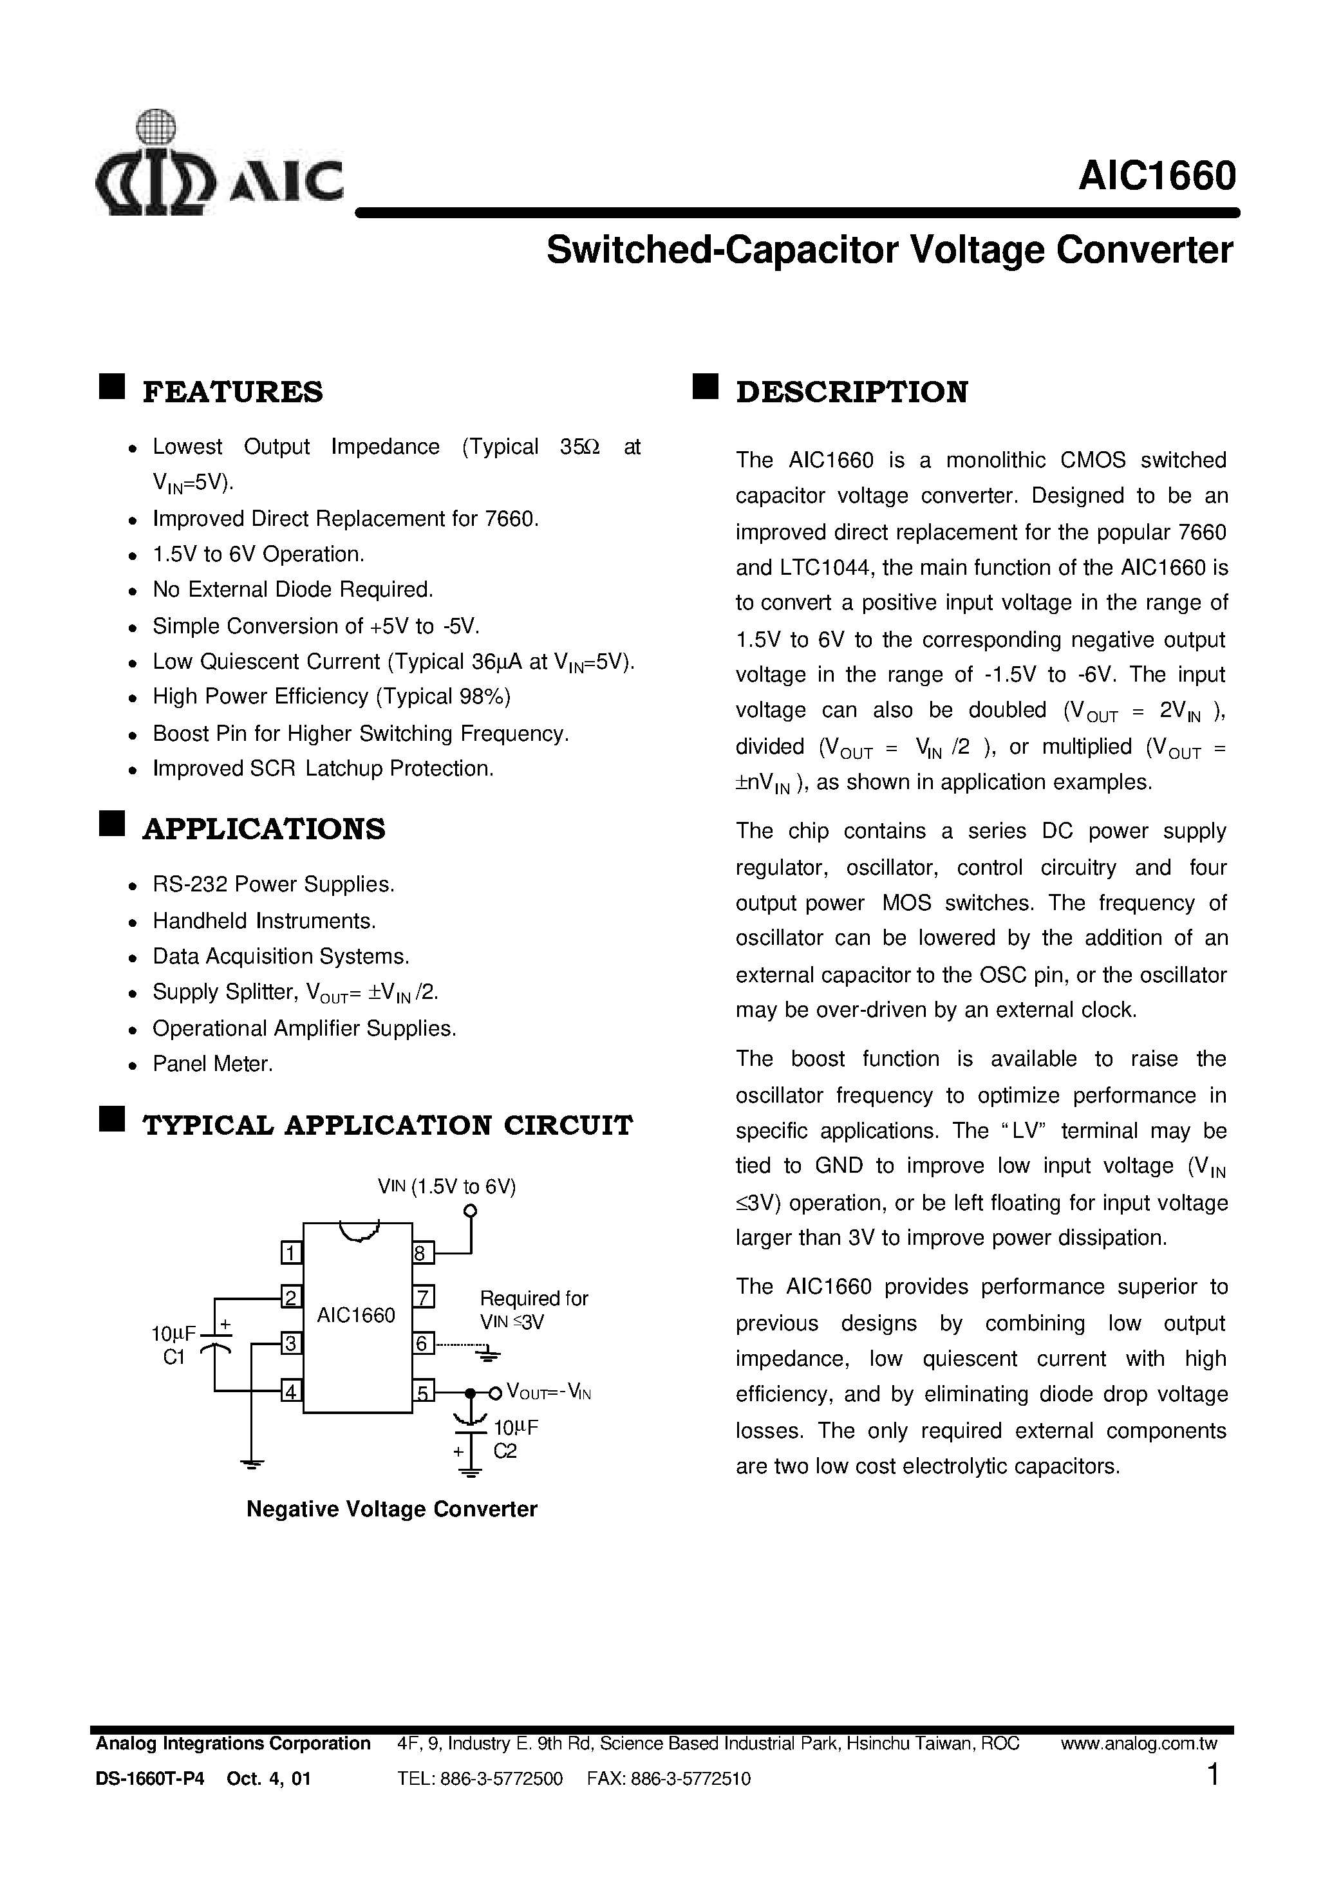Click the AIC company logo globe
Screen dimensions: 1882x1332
pyautogui.click(x=155, y=129)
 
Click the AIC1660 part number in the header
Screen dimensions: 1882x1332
pyautogui.click(x=1156, y=176)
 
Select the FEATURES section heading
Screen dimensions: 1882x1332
pyautogui.click(x=233, y=392)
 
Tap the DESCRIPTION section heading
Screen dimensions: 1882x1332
pyautogui.click(x=851, y=392)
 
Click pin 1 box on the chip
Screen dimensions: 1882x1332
pyautogui.click(x=291, y=1253)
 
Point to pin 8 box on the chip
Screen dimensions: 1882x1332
pyautogui.click(x=422, y=1253)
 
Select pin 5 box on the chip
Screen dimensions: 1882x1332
pyautogui.click(x=422, y=1392)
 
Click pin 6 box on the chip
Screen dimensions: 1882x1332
pyautogui.click(x=422, y=1344)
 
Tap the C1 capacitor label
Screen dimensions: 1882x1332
pyautogui.click(x=174, y=1357)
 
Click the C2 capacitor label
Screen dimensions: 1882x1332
pyautogui.click(x=505, y=1451)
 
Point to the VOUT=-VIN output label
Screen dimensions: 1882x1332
pyautogui.click(x=548, y=1392)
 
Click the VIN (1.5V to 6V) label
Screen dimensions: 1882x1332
pyautogui.click(x=446, y=1187)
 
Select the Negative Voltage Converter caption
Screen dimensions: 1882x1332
pyautogui.click(x=391, y=1509)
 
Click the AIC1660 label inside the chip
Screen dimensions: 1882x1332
pyautogui.click(x=356, y=1316)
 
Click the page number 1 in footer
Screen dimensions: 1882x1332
pyautogui.click(x=1213, y=1776)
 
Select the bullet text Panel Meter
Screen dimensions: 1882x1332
pyautogui.click(x=212, y=1065)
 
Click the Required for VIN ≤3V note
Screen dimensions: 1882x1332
pyautogui.click(x=533, y=1310)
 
